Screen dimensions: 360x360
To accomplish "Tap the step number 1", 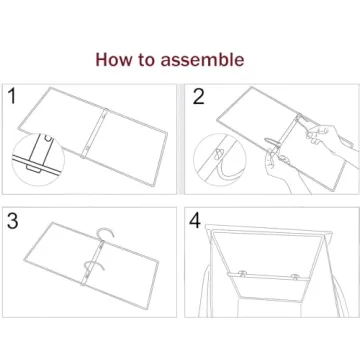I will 12,97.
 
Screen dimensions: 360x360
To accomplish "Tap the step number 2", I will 199,97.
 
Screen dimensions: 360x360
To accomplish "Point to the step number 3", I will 13,222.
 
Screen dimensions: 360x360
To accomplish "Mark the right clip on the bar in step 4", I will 294,273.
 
